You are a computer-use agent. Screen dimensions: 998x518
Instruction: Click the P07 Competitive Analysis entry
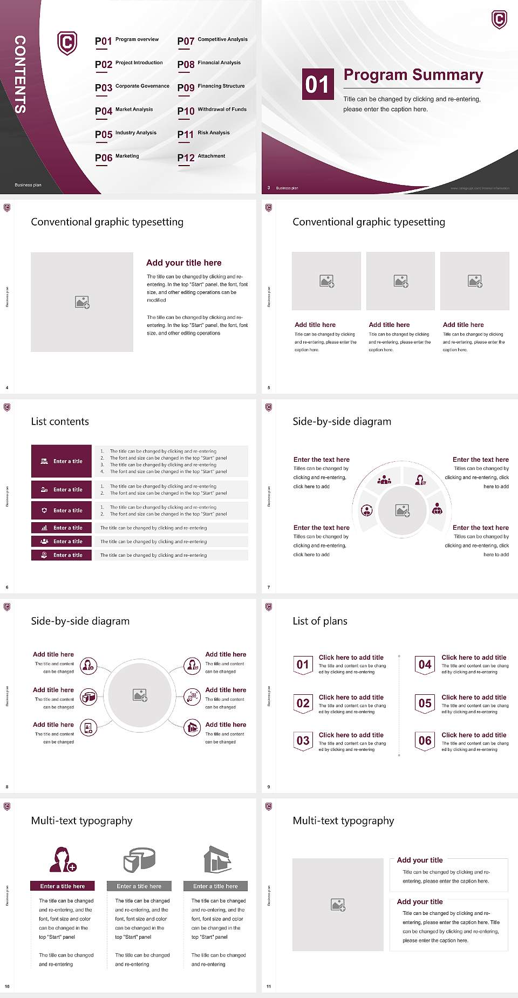coord(212,40)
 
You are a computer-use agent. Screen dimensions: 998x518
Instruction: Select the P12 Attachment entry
coord(201,157)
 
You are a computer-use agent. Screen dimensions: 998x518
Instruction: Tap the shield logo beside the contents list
coord(67,43)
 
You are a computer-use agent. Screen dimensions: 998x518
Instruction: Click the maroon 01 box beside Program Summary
coord(317,84)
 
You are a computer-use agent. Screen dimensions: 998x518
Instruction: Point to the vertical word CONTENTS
coord(20,74)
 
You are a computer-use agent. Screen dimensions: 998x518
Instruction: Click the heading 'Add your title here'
coord(183,263)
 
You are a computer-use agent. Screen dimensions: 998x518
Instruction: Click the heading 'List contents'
coord(60,421)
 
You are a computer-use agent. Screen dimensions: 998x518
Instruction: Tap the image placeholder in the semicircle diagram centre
coord(403,510)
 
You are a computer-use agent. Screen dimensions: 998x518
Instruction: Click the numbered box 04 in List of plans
coord(425,665)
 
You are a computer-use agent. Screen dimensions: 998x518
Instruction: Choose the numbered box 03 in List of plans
coord(303,741)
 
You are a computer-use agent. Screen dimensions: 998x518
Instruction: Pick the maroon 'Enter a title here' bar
coord(63,886)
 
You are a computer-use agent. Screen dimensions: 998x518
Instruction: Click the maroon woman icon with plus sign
coord(63,859)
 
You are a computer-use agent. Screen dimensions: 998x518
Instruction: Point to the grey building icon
coord(217,859)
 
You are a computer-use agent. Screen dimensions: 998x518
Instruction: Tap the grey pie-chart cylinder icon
coord(139,859)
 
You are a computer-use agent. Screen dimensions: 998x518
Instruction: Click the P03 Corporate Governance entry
coord(132,87)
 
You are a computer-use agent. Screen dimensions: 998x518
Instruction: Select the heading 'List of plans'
coord(320,621)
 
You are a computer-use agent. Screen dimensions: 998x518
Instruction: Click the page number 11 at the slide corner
coord(269,987)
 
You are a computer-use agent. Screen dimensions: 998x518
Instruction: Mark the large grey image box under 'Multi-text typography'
coord(338,905)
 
